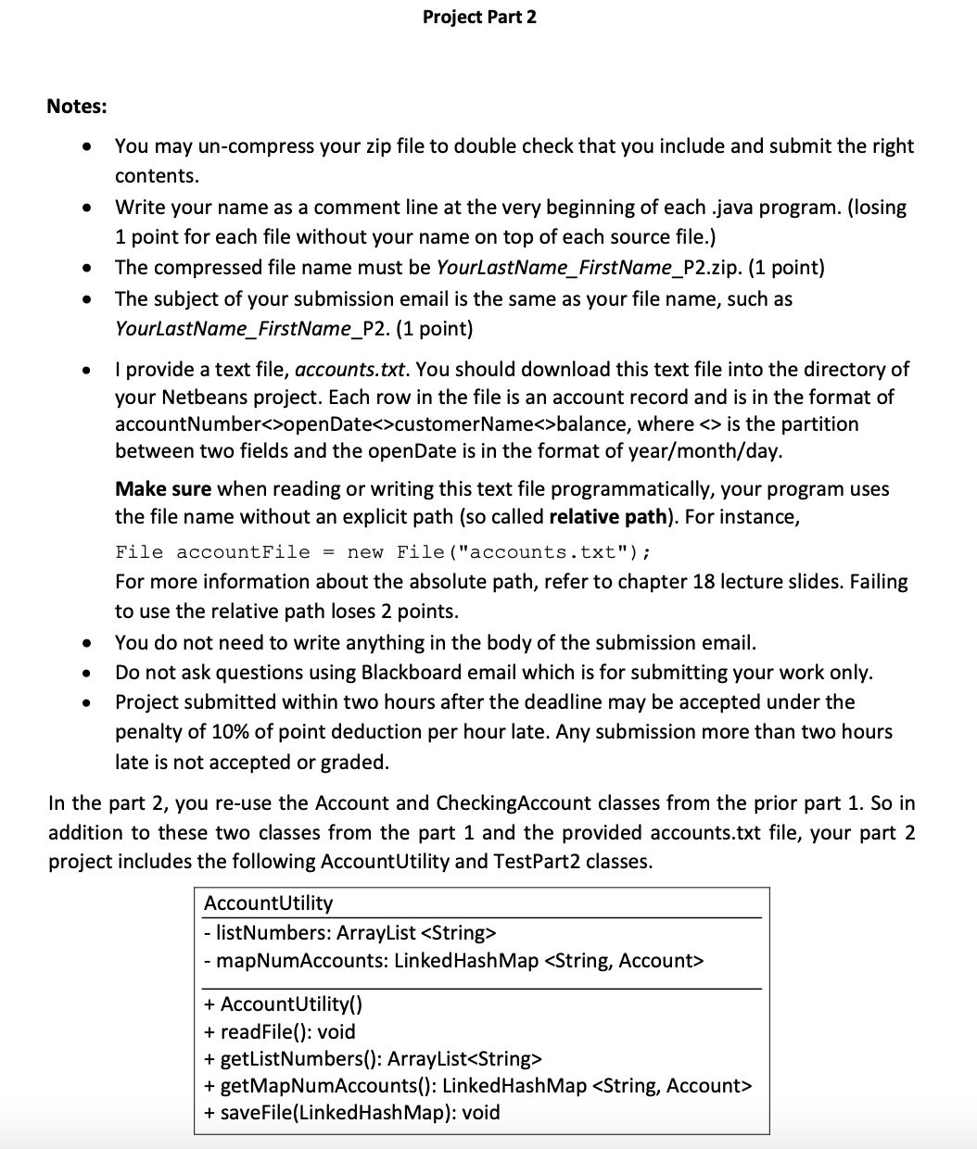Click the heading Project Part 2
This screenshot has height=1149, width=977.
pos(479,18)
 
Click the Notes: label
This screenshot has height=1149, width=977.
pos(77,107)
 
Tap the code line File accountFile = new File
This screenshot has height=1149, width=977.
pos(383,552)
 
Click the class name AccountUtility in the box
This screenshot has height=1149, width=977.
pos(268,903)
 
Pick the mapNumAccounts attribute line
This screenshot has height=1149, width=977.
pos(453,960)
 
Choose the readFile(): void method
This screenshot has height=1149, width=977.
pos(279,1031)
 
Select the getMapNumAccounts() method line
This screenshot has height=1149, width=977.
pos(477,1085)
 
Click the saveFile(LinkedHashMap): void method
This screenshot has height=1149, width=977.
pos(351,1112)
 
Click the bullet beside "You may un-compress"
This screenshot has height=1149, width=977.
pos(85,146)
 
